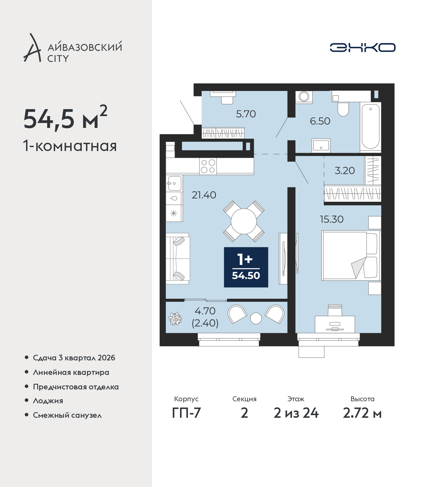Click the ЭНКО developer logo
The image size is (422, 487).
tap(362, 47)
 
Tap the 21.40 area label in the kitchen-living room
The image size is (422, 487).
tap(204, 195)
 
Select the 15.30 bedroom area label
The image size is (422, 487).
tap(332, 219)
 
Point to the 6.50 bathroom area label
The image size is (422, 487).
tap(320, 121)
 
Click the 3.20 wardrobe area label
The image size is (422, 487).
tap(345, 170)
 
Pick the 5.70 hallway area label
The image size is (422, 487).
tap(246, 114)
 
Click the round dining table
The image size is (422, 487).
tap(244, 222)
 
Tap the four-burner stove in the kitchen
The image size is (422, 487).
tap(208, 166)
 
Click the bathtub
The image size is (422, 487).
tap(370, 127)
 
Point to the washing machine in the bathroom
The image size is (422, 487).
tap(304, 97)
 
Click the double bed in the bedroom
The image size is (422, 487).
tap(351, 256)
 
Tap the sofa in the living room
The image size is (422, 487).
tap(178, 259)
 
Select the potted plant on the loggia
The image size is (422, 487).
tap(175, 319)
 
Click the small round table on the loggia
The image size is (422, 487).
tap(256, 319)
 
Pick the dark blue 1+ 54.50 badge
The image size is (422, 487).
tap(246, 267)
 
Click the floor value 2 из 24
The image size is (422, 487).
tap(296, 413)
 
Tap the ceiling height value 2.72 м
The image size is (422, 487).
tap(362, 413)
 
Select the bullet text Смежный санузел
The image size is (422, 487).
tap(67, 415)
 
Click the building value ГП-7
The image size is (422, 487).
tap(186, 413)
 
